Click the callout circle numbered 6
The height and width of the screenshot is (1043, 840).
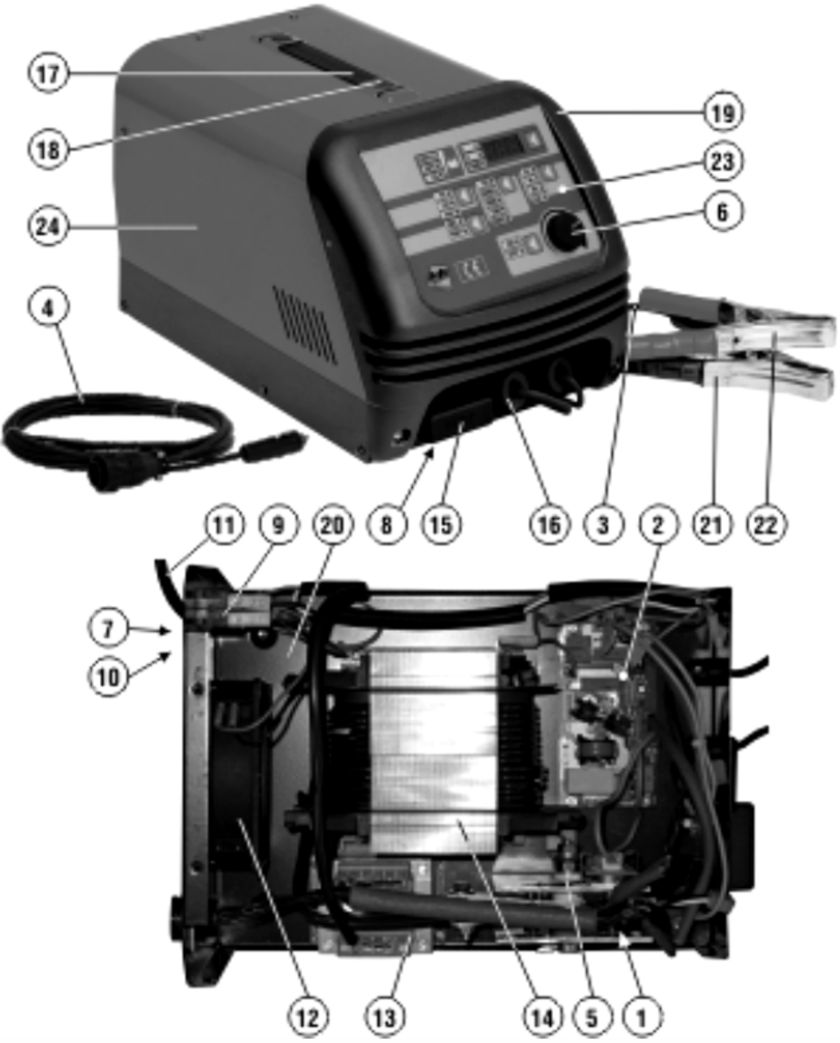[x=723, y=212]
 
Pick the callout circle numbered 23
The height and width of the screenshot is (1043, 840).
[x=723, y=161]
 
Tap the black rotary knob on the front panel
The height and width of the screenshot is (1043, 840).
[x=565, y=232]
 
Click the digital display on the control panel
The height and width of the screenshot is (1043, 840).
[x=504, y=144]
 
